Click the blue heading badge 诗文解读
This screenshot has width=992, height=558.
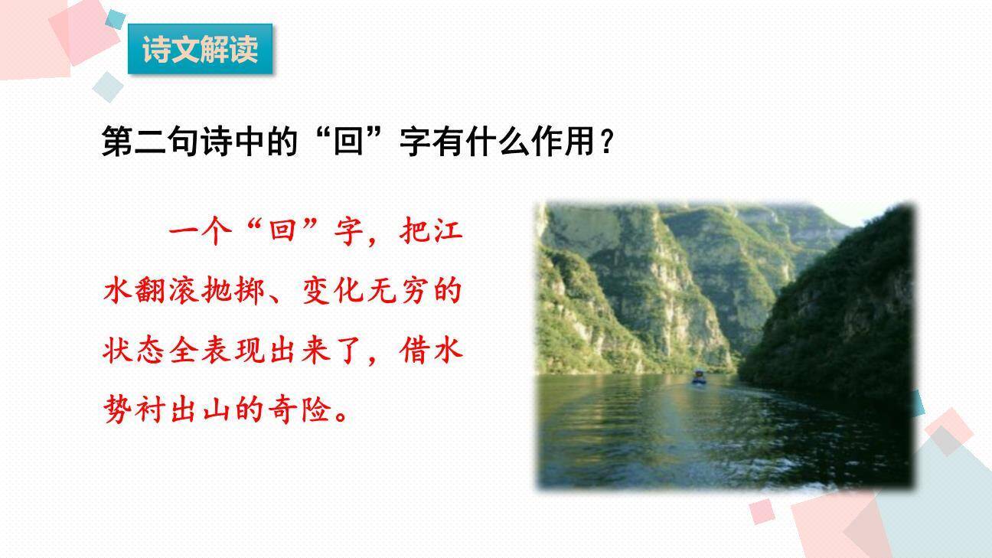click(200, 50)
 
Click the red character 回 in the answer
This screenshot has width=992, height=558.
click(282, 231)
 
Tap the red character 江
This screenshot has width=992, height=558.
click(448, 231)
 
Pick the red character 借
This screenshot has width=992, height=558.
click(415, 352)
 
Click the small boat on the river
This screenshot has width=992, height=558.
click(699, 377)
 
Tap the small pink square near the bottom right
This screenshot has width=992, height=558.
click(762, 511)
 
